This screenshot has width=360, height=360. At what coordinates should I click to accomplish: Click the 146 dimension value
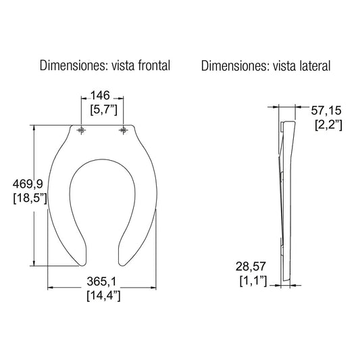(x=101, y=96)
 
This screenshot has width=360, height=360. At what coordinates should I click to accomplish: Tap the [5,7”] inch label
(x=101, y=109)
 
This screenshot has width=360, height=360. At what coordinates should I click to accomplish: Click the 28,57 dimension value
(x=252, y=266)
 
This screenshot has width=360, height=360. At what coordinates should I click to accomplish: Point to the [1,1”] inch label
(x=253, y=279)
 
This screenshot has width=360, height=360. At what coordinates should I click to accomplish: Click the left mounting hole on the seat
(x=81, y=130)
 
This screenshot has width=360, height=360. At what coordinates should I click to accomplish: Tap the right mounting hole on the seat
(x=123, y=130)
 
